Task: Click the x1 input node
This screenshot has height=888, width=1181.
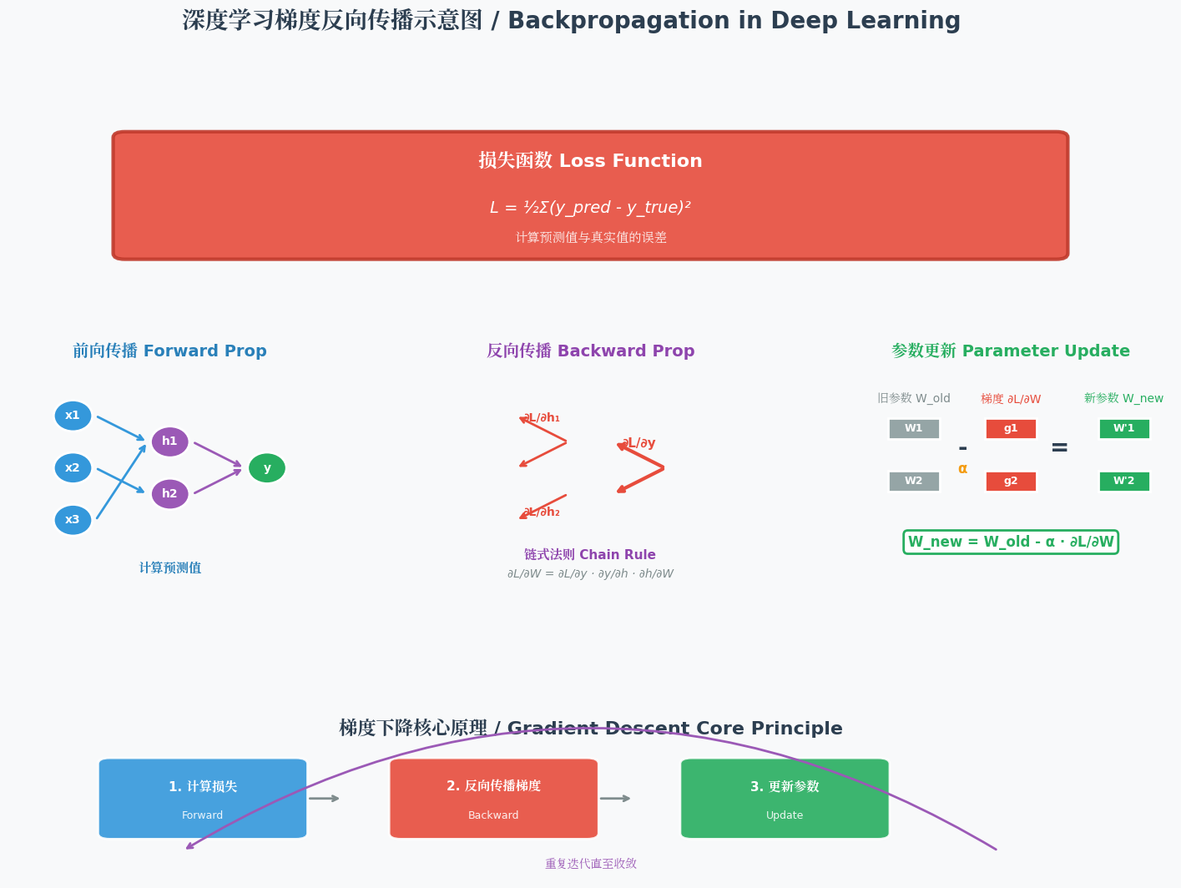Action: coord(73,416)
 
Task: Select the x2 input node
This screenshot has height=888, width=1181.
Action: coord(73,468)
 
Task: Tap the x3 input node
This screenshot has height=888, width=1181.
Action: coord(73,520)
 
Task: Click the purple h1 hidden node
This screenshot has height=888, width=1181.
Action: coord(169,441)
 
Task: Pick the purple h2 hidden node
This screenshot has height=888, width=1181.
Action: coord(169,494)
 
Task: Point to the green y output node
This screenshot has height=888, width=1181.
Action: coord(267,468)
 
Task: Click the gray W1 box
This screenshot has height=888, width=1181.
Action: coord(914,429)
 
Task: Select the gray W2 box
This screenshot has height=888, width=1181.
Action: coord(914,482)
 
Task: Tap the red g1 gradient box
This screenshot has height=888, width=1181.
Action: coord(1011,429)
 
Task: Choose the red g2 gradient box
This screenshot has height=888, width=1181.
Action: coord(1011,482)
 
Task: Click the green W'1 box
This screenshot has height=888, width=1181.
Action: coord(1124,429)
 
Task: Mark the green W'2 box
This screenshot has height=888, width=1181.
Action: coord(1124,482)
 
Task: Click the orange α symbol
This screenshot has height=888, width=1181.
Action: coord(962,469)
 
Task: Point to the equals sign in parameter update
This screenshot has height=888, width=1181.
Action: coord(1059,447)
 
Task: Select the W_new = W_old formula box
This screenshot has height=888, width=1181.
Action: coord(1011,542)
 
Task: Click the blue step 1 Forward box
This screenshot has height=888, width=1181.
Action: coord(203,798)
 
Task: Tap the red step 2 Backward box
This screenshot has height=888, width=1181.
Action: coord(493,798)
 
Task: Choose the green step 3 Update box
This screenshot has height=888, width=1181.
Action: coord(785,798)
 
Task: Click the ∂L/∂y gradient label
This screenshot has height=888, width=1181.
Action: coord(638,443)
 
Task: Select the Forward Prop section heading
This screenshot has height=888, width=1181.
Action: coord(169,351)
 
